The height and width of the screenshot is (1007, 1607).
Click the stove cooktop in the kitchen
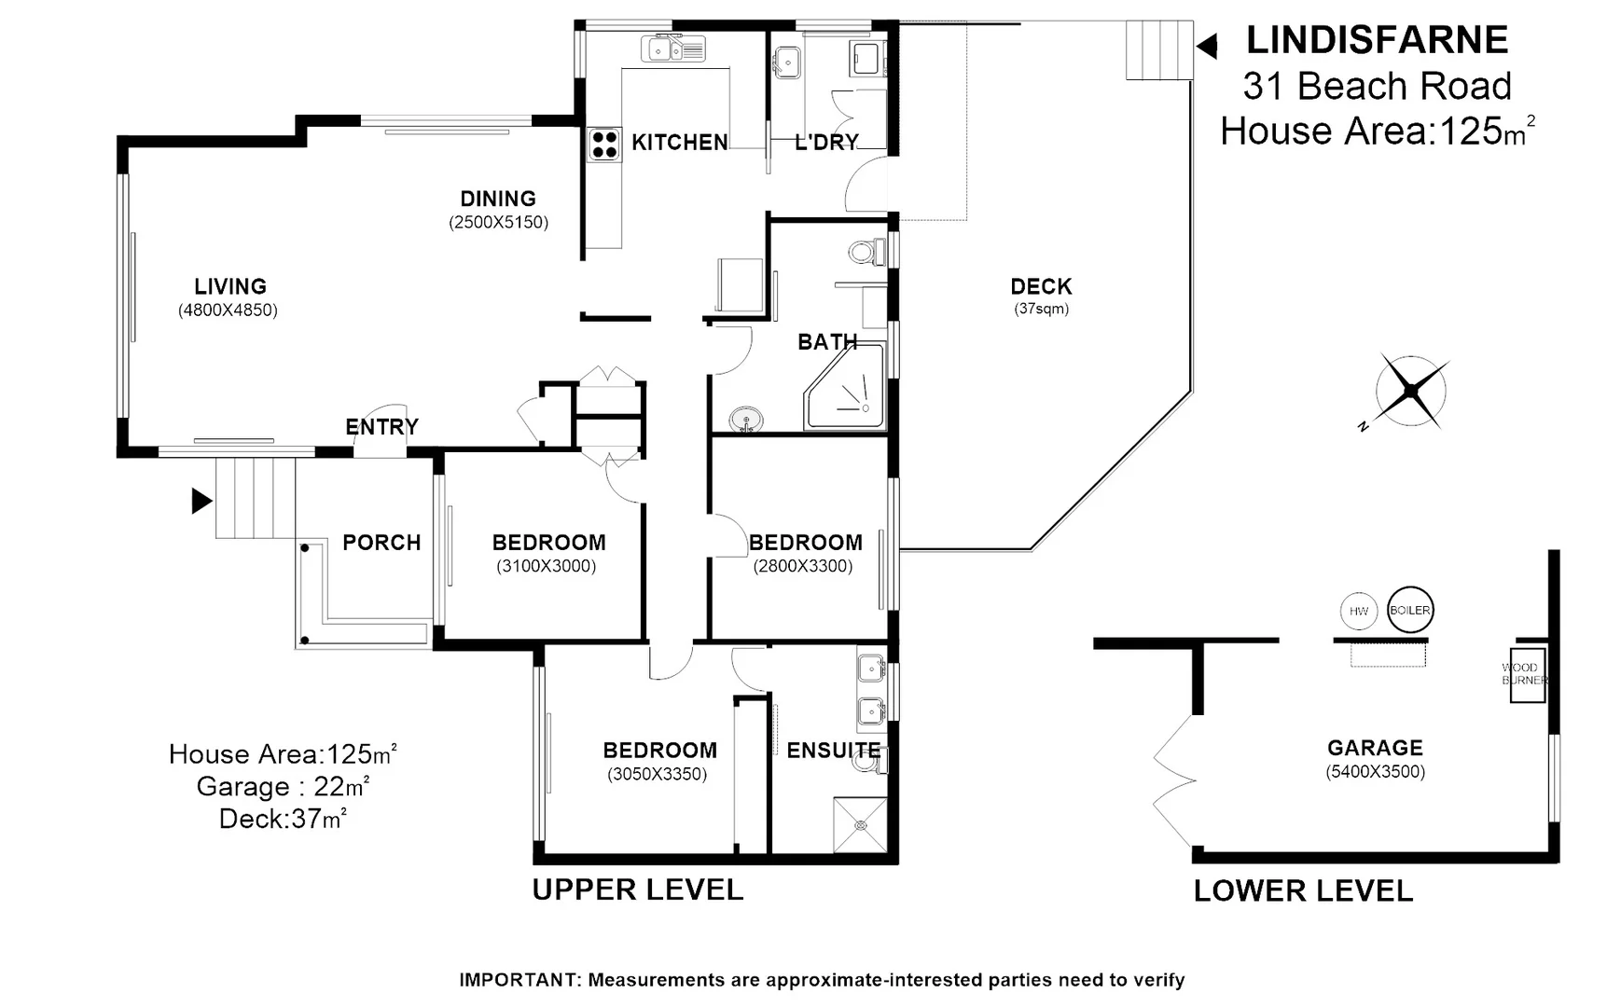[604, 145]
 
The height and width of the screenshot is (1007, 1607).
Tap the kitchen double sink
[672, 48]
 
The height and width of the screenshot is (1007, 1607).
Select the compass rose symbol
[1411, 391]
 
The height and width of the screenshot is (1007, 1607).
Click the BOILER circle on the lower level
[1409, 611]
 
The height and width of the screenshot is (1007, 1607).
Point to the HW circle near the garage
[1359, 612]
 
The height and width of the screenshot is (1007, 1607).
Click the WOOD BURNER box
[1528, 675]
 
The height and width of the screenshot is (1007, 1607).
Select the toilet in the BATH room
[866, 252]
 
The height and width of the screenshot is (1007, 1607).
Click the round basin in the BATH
[745, 420]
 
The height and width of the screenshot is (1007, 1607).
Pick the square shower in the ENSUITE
[860, 824]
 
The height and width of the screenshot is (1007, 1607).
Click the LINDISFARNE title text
[1377, 40]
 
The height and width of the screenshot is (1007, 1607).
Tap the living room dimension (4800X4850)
[229, 310]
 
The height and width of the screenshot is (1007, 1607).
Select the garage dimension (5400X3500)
[1375, 772]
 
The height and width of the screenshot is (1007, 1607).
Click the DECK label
[1041, 286]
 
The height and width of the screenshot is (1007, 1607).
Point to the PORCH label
[381, 543]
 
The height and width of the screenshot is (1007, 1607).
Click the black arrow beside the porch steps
[201, 501]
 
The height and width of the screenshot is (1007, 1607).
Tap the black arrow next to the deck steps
[1207, 46]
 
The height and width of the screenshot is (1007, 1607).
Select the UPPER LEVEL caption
[638, 890]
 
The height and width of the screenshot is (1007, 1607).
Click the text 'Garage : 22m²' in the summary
[283, 786]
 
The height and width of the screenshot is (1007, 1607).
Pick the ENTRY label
[381, 427]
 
